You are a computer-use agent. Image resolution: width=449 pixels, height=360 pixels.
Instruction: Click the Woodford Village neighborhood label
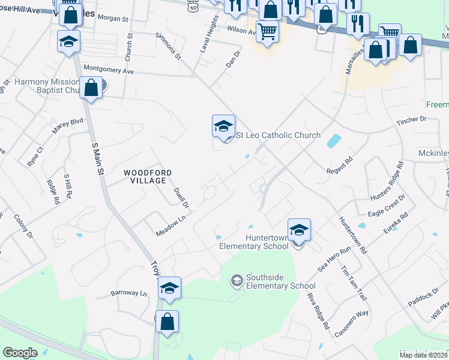tap(148, 176)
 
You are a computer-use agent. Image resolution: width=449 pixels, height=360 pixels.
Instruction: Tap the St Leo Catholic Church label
tap(278, 136)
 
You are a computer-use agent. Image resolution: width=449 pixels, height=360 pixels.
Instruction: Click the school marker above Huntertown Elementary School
tap(299, 230)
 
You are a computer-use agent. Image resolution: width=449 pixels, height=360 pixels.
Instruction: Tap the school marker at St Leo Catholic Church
tap(223, 126)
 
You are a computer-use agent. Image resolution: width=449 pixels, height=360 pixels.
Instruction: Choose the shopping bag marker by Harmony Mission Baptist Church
tap(91, 88)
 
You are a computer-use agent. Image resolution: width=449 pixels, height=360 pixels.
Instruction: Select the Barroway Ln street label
tap(128, 293)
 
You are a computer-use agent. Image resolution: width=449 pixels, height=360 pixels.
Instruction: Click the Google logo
tap(20, 353)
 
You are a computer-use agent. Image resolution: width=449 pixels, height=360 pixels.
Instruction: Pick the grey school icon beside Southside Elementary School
tap(237, 280)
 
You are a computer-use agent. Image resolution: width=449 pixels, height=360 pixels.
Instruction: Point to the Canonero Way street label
tap(352, 323)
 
